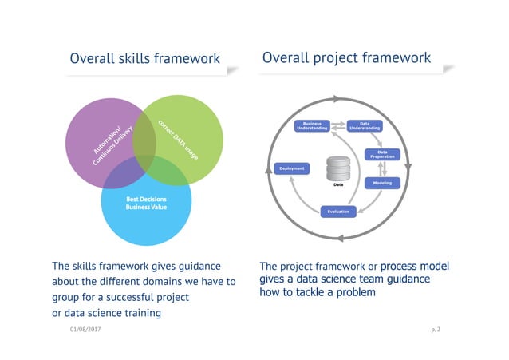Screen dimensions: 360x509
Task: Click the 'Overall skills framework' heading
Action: point(144,58)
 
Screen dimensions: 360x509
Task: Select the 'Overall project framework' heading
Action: point(345,57)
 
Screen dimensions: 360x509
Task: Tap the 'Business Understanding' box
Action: point(311,125)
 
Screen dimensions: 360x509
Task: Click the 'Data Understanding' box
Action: point(365,125)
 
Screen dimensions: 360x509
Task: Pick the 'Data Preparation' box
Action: point(381,154)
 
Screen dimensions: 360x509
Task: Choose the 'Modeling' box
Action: point(381,183)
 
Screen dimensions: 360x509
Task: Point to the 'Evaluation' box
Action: point(337,212)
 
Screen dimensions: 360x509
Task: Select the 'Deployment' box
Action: point(290,168)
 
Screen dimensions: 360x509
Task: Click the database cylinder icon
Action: point(337,168)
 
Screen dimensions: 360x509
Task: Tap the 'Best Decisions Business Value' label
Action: point(144,203)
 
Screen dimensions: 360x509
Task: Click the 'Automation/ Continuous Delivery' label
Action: point(108,141)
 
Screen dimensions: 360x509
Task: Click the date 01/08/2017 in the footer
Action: point(85,330)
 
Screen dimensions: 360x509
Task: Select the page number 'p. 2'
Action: point(435,330)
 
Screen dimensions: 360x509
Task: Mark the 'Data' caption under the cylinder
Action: point(337,186)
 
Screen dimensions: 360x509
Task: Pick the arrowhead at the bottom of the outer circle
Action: point(341,238)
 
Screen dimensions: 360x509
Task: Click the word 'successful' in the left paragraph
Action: point(133,297)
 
